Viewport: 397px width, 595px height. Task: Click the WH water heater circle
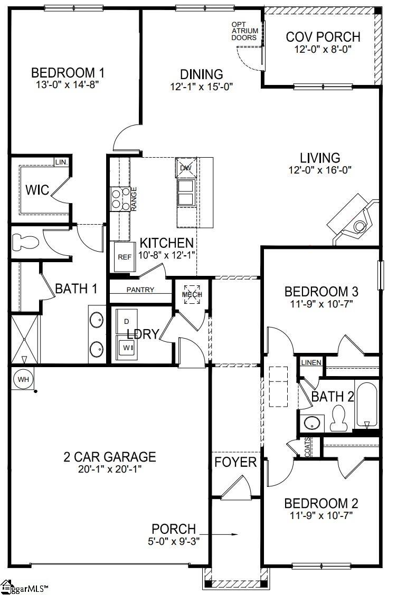click(22, 379)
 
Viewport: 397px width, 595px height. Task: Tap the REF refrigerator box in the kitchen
click(124, 257)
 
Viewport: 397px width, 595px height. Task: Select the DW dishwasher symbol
click(185, 168)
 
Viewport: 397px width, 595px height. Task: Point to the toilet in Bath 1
click(26, 242)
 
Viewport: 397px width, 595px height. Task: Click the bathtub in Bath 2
click(367, 405)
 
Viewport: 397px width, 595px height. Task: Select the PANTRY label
click(140, 290)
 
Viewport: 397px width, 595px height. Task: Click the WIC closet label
click(37, 189)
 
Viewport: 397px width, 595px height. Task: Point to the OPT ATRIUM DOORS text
click(244, 31)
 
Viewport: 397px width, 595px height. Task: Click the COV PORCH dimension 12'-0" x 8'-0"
click(323, 49)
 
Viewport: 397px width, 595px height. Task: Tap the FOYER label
click(235, 463)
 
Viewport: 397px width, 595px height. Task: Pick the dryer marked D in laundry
click(127, 321)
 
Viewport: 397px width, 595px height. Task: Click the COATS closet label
click(307, 447)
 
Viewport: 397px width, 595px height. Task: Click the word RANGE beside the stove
click(134, 199)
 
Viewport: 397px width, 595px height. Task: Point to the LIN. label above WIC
click(61, 162)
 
